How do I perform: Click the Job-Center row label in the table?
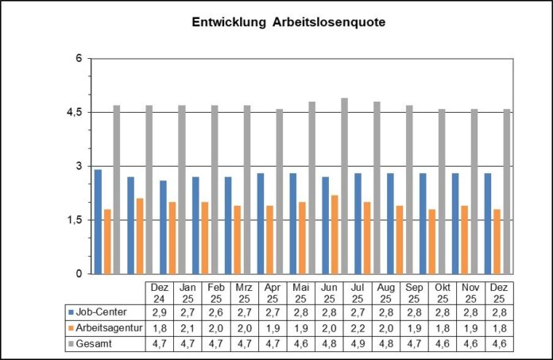pyautogui.click(x=102, y=312)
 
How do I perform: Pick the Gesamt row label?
pyautogui.click(x=96, y=343)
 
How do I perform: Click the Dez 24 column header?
pyautogui.click(x=160, y=292)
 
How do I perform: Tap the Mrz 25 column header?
pyautogui.click(x=245, y=292)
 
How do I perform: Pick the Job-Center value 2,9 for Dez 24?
pyautogui.click(x=160, y=312)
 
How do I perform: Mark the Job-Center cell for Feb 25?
pyautogui.click(x=216, y=312)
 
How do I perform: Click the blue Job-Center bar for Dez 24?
pyautogui.click(x=98, y=222)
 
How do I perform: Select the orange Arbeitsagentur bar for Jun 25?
pyautogui.click(x=335, y=234)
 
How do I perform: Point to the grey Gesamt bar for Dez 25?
pyautogui.click(x=508, y=192)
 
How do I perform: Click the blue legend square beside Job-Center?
pyautogui.click(x=72, y=312)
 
